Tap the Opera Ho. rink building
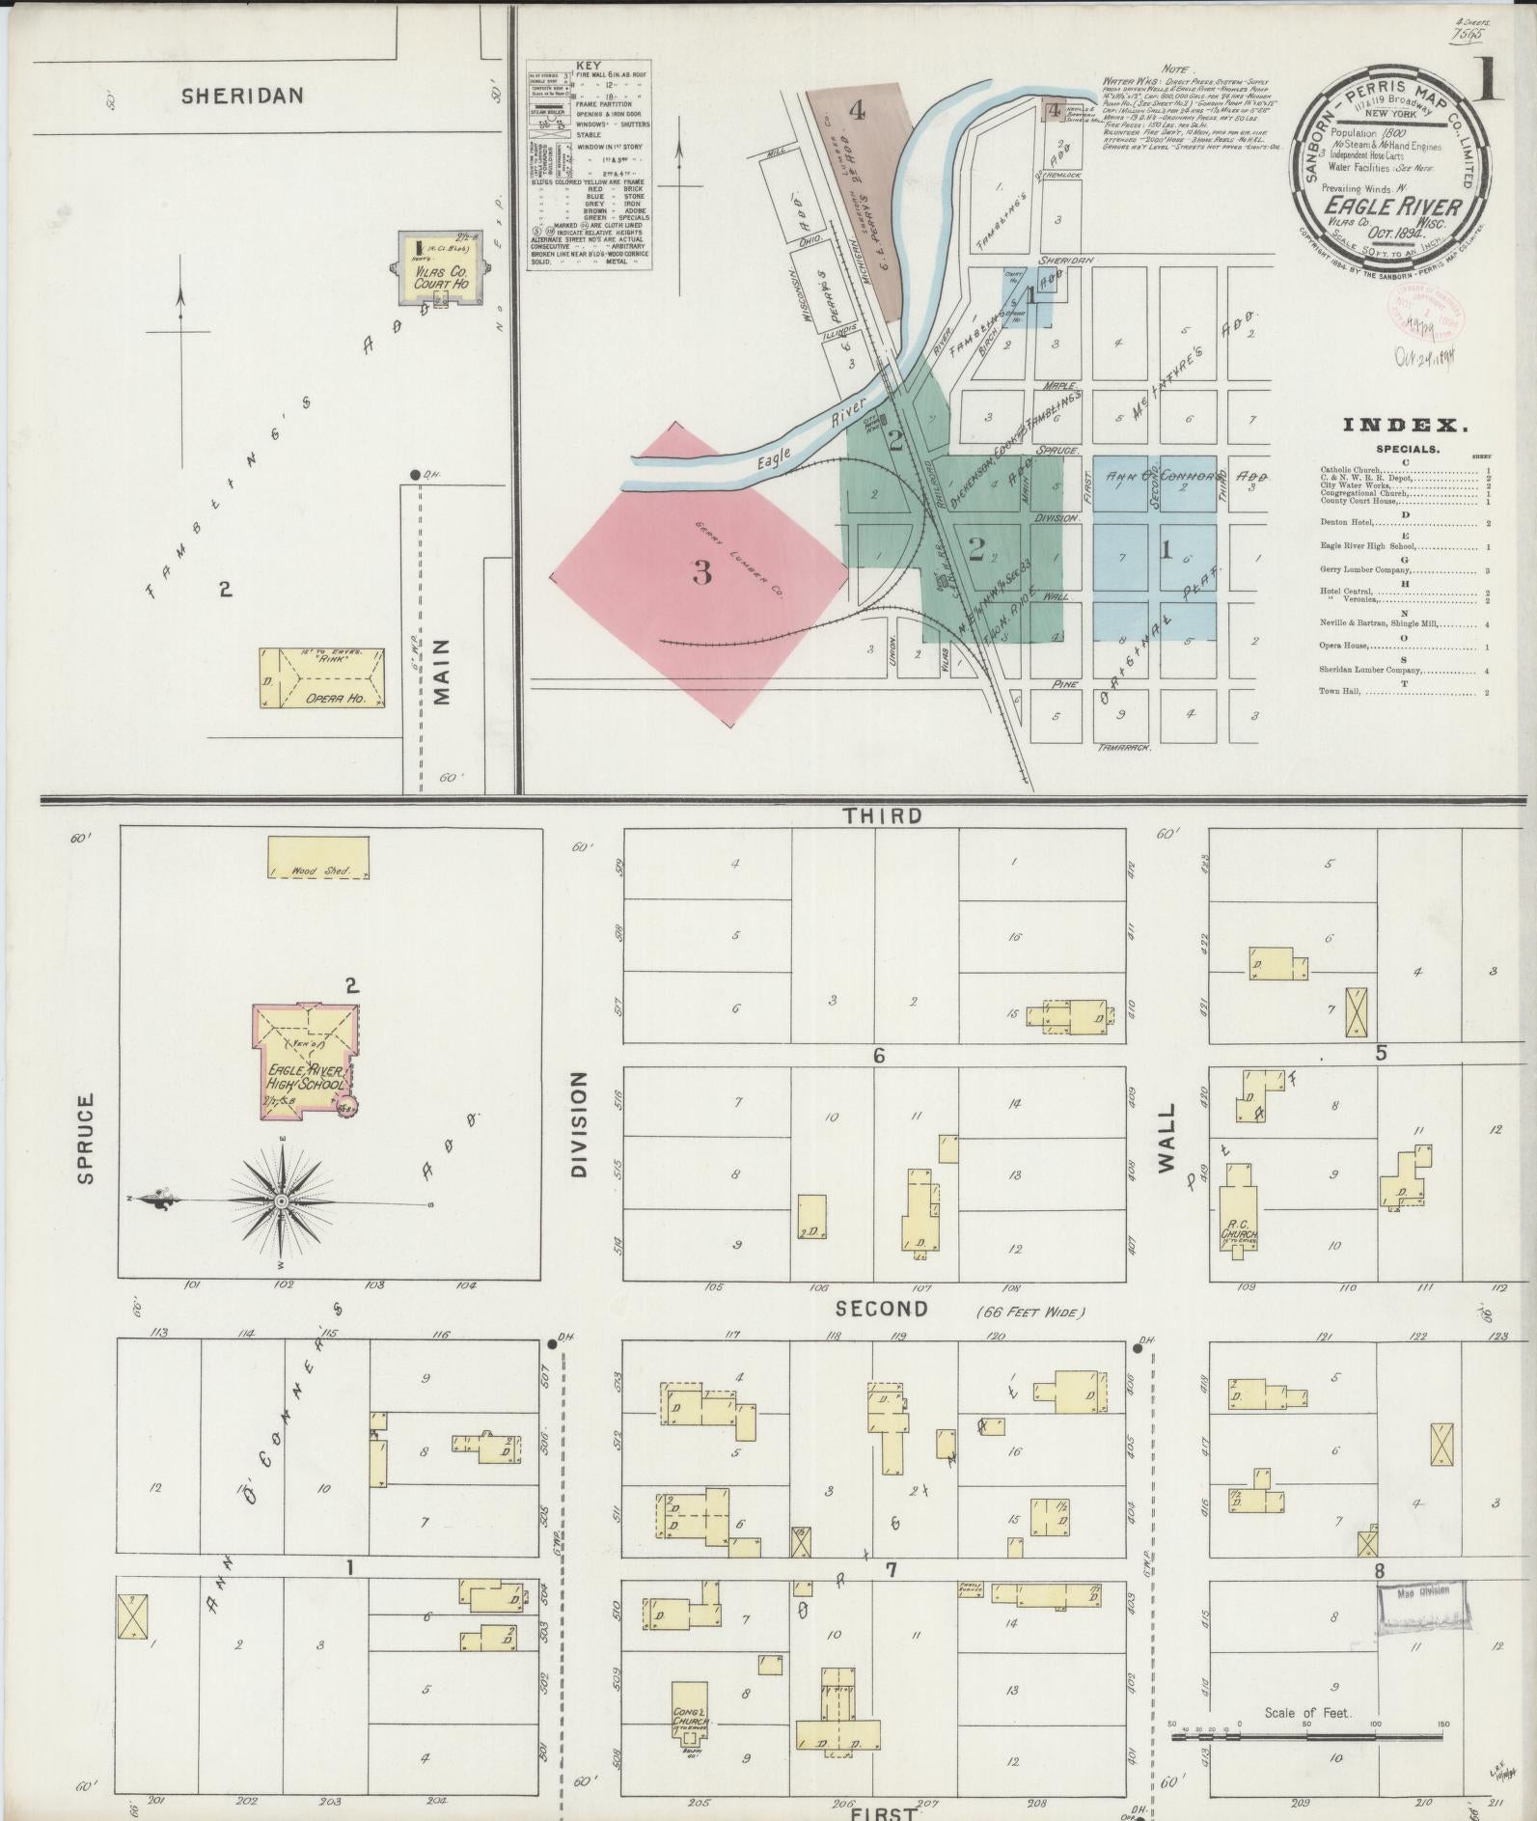click(320, 678)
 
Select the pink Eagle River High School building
click(303, 1062)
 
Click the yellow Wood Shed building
click(317, 858)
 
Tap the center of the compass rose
click(281, 1201)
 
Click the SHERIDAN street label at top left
click(242, 96)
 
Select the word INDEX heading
click(1406, 425)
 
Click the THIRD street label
click(882, 816)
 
